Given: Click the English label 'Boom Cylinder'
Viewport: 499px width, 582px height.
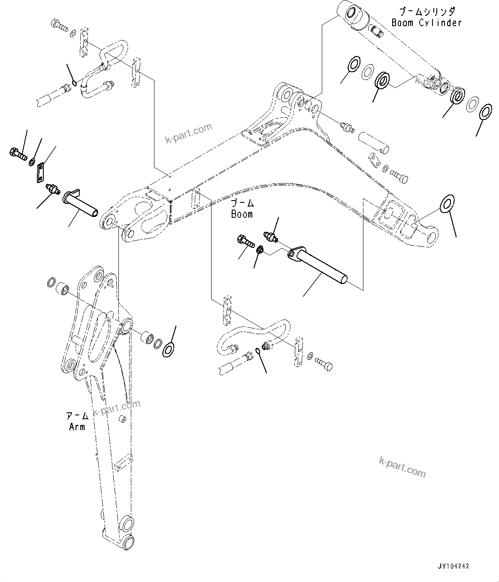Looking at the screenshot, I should (426, 23).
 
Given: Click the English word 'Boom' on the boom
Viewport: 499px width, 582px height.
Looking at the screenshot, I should (242, 214).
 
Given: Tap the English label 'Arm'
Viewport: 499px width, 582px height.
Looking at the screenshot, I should (77, 427).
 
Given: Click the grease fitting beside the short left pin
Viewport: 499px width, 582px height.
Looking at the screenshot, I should (52, 189).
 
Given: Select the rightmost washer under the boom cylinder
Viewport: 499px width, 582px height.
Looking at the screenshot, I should (485, 111).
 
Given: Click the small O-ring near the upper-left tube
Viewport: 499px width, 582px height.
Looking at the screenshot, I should (75, 83).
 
